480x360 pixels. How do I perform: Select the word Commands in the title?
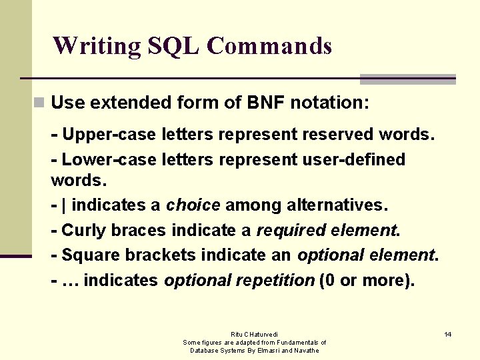(269, 46)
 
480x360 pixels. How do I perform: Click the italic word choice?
(193, 205)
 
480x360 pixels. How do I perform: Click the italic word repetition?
(275, 280)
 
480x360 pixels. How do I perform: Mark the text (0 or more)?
(367, 280)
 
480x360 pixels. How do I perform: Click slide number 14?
(448, 333)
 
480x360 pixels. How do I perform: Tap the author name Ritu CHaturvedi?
(255, 334)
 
